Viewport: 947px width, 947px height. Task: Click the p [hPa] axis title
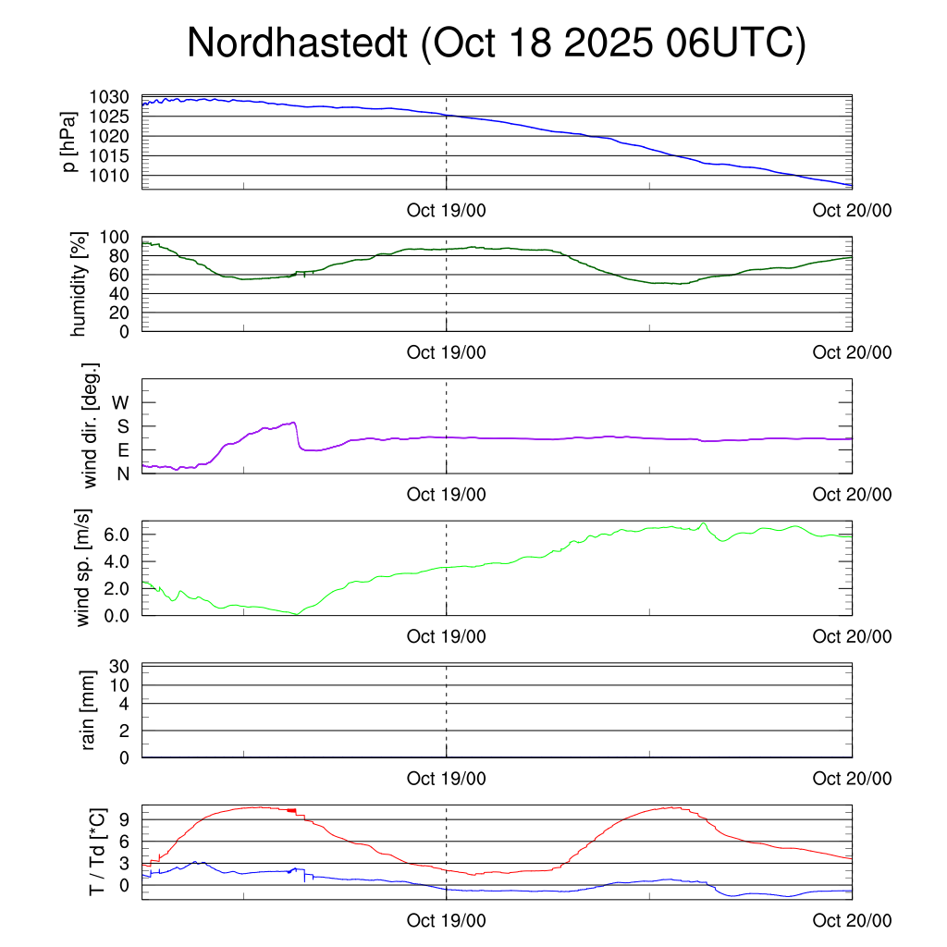point(70,141)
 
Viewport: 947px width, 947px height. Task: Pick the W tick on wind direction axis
point(121,402)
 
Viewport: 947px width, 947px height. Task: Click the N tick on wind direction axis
point(123,473)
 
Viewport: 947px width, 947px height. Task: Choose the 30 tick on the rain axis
point(121,666)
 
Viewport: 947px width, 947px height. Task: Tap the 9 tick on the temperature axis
point(126,819)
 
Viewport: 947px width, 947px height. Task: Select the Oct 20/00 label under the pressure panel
point(852,211)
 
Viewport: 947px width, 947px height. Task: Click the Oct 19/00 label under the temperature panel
point(447,921)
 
